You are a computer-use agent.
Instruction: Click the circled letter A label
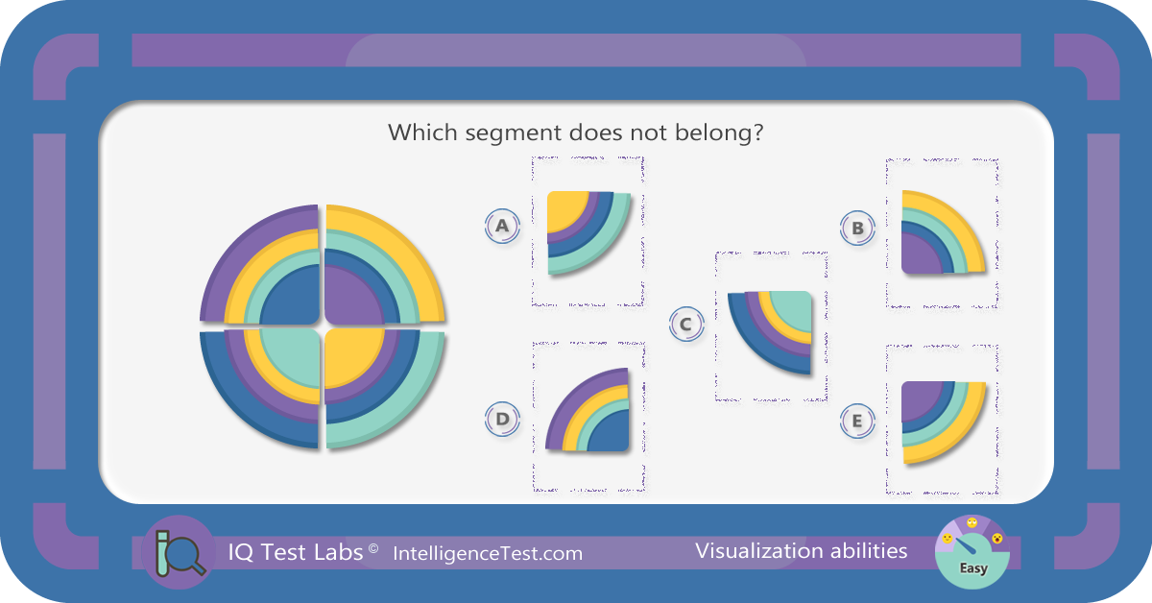pyautogui.click(x=502, y=226)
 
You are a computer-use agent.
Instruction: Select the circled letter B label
pyautogui.click(x=857, y=228)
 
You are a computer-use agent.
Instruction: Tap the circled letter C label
pyautogui.click(x=686, y=325)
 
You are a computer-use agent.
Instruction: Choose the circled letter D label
pyautogui.click(x=502, y=419)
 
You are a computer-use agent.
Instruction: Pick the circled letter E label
pyautogui.click(x=857, y=421)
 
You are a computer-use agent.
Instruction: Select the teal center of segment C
pyautogui.click(x=795, y=309)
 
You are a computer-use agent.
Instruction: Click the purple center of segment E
pyautogui.click(x=919, y=398)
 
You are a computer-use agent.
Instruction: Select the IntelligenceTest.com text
pyautogui.click(x=488, y=554)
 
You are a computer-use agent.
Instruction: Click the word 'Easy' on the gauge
pyautogui.click(x=973, y=568)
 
